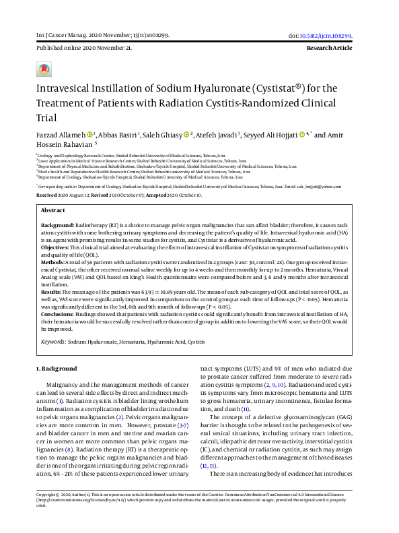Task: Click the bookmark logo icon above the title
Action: (x=44, y=69)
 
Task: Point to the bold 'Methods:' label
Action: (x=55, y=261)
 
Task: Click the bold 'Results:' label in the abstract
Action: (x=53, y=292)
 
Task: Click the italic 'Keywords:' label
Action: (x=52, y=342)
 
